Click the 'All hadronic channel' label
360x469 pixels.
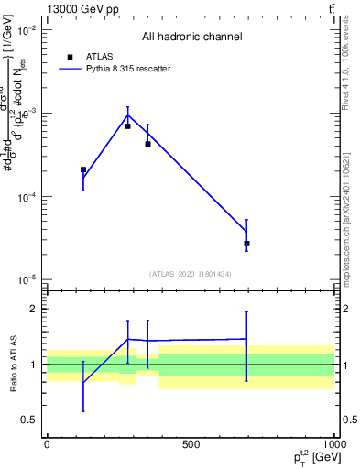[191, 38]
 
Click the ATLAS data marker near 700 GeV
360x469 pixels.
[246, 244]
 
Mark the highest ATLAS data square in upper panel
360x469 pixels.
[127, 125]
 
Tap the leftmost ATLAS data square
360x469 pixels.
[83, 169]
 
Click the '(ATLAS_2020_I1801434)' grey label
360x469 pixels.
[191, 274]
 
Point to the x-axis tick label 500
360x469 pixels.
[191, 444]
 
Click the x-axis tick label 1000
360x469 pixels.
[333, 444]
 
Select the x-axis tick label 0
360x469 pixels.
[47, 444]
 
